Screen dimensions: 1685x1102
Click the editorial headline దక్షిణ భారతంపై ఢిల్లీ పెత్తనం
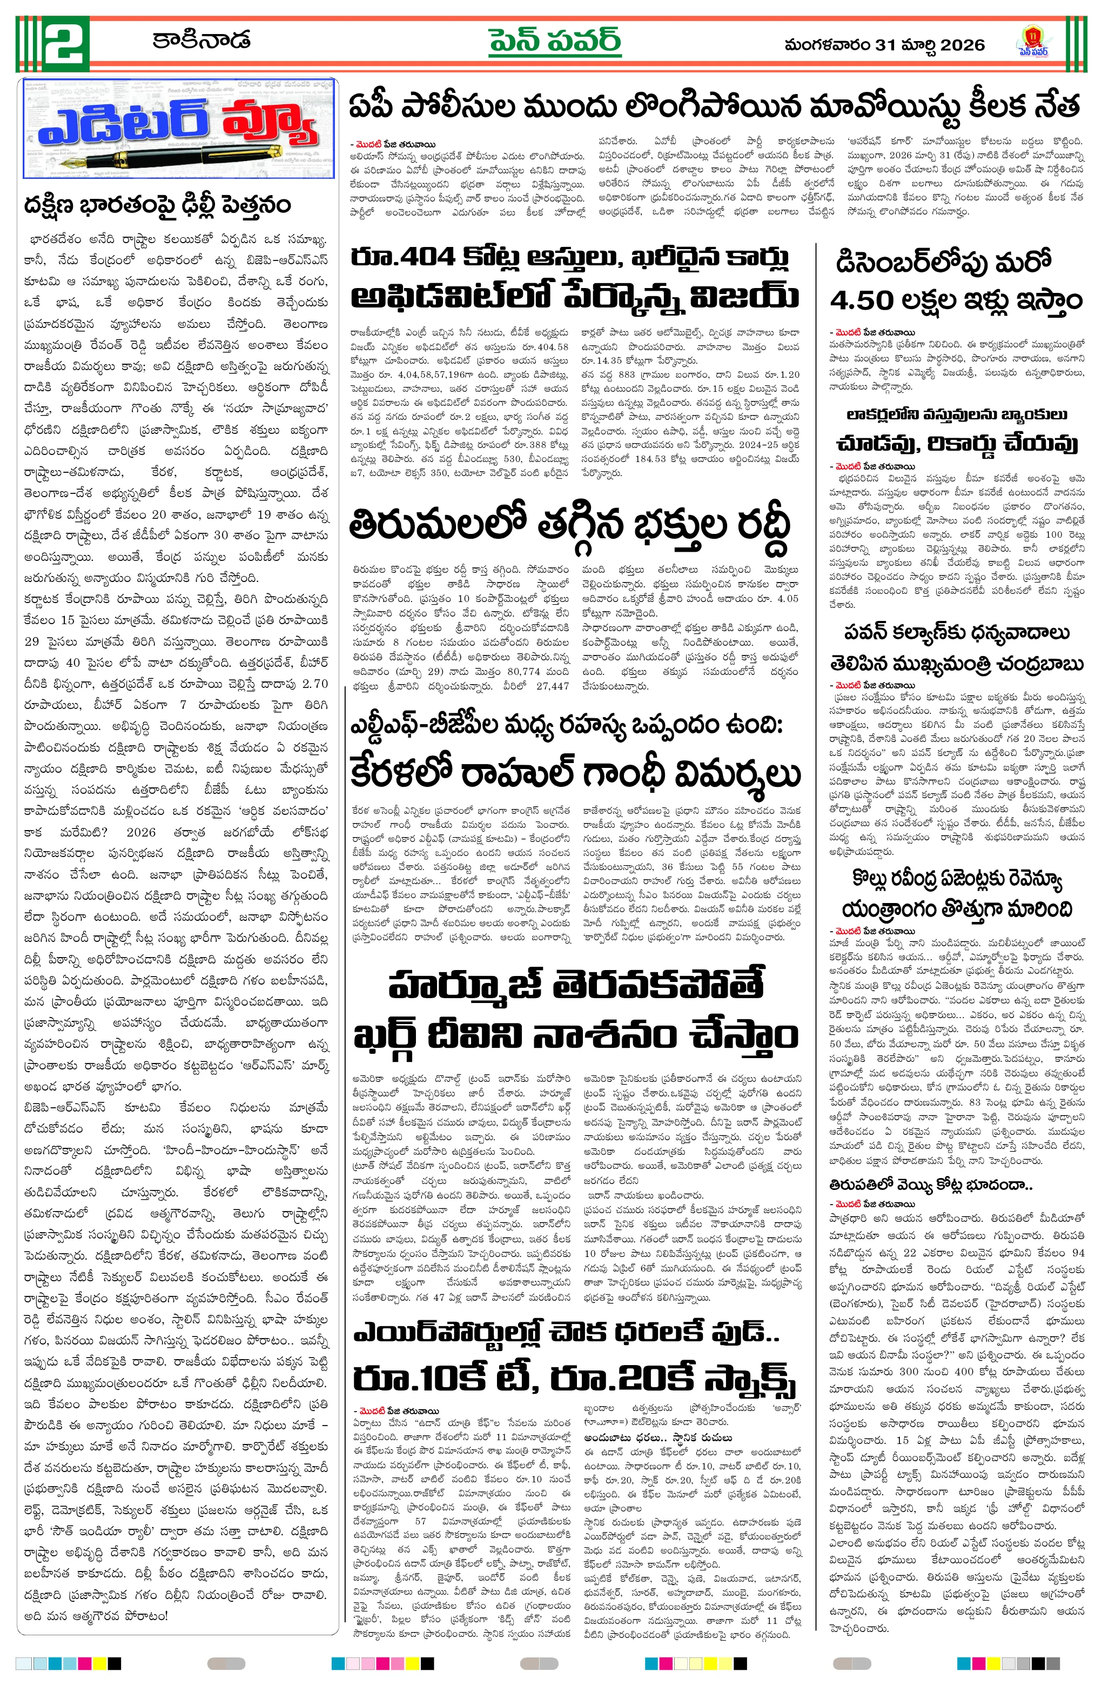pyautogui.click(x=157, y=205)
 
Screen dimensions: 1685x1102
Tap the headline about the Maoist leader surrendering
pyautogui.click(x=714, y=107)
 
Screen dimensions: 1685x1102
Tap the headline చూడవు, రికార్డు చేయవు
pyautogui.click(x=956, y=443)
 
